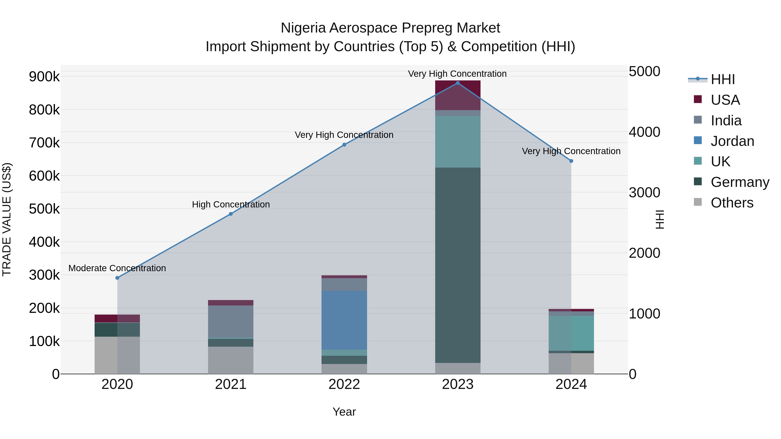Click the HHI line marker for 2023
458,83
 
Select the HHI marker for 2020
117,278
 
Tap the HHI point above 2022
344,145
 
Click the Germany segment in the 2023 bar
458,265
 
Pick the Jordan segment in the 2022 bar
344,320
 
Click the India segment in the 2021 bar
230,321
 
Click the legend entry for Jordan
732,141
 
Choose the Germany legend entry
740,182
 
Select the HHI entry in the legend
722,79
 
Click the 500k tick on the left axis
44,209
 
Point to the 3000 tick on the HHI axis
644,193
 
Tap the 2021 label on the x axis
230,384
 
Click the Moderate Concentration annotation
117,268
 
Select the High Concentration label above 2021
231,204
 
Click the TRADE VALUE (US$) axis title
7,219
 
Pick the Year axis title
344,412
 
